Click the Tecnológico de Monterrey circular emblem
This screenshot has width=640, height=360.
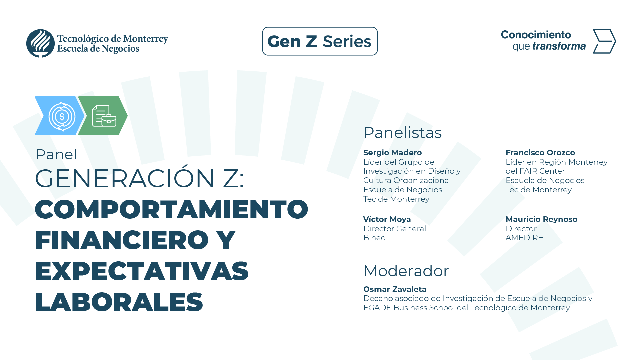[x=40, y=43]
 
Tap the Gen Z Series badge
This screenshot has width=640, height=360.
[x=320, y=41]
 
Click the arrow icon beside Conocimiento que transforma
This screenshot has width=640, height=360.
[x=604, y=41]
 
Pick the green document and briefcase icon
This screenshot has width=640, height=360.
[x=104, y=116]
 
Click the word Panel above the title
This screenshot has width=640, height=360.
[x=56, y=154]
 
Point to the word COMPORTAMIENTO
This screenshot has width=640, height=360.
[x=171, y=209]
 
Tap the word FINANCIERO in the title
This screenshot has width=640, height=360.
[x=122, y=240]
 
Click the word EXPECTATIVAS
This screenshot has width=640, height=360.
[x=142, y=271]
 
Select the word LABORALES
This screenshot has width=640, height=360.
[x=119, y=302]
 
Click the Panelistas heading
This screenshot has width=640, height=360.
[x=402, y=133]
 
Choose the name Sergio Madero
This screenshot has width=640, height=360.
[x=392, y=153]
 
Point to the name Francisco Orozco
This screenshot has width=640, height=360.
[x=540, y=153]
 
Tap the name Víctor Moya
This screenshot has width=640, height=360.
[x=387, y=219]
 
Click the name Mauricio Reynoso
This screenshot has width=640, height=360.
[x=541, y=219]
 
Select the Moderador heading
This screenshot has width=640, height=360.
[x=406, y=271]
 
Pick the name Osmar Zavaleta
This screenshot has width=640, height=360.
[x=395, y=289]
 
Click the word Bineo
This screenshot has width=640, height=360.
[x=374, y=238]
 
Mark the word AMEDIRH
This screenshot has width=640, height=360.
[x=524, y=238]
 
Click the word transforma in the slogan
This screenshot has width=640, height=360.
[x=559, y=46]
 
